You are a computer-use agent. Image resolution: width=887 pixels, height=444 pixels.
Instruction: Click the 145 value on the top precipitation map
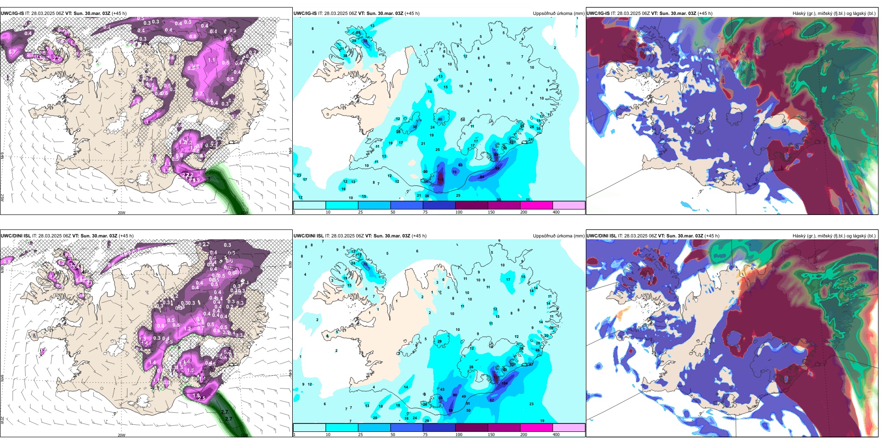pos(441,179)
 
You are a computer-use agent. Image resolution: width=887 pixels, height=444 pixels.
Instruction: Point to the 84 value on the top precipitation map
pos(482,177)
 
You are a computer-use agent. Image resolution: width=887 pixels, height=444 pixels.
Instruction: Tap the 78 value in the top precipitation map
pos(365,41)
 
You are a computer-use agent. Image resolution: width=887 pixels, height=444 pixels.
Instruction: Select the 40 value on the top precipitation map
pos(440,119)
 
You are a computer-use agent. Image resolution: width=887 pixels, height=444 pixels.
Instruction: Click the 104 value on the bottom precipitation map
pos(504,383)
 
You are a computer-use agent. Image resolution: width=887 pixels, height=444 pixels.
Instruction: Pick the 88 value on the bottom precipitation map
pos(451,410)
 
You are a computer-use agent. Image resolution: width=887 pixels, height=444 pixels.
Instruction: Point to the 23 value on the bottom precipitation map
pos(531,404)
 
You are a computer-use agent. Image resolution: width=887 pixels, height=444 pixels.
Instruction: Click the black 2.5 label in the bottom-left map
pos(202,398)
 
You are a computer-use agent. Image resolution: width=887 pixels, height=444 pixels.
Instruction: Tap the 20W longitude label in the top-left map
pos(121,213)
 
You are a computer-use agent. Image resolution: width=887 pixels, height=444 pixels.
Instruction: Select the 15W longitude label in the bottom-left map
pos(245,435)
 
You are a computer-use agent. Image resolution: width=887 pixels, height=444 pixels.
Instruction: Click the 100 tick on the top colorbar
pos(458,212)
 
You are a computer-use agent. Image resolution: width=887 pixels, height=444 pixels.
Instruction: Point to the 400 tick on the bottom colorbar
pos(556,435)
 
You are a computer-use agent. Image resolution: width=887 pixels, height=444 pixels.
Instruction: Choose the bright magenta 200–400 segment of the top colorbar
pos(536,205)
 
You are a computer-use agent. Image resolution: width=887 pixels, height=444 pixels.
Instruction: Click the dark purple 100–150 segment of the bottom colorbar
pos(472,428)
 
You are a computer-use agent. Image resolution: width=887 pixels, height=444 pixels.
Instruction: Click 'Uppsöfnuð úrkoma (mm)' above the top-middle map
pos(558,14)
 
